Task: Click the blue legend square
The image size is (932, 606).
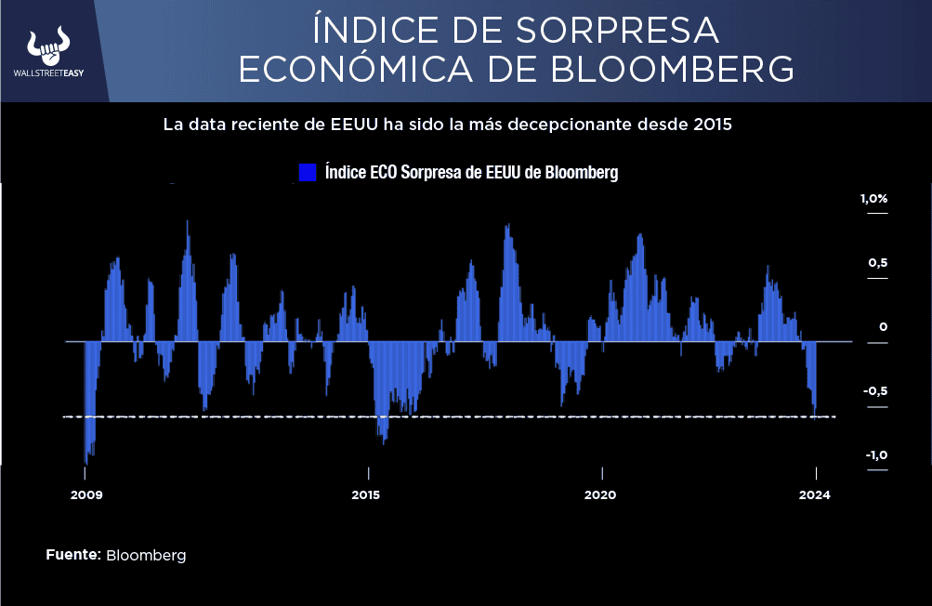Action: [308, 173]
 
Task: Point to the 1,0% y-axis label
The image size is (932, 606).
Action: [873, 199]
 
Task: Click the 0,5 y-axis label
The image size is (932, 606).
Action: [878, 263]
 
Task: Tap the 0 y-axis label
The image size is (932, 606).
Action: [883, 327]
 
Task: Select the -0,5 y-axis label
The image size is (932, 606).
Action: [875, 391]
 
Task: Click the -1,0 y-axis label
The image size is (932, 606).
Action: [875, 454]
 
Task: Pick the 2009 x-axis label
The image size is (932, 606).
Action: [86, 494]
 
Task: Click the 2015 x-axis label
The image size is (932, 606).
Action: [366, 494]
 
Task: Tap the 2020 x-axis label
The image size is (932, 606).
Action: [600, 494]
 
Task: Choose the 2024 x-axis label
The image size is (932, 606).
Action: [815, 494]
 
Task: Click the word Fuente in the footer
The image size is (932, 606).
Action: [72, 555]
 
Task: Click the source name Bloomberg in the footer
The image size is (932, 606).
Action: [146, 556]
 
